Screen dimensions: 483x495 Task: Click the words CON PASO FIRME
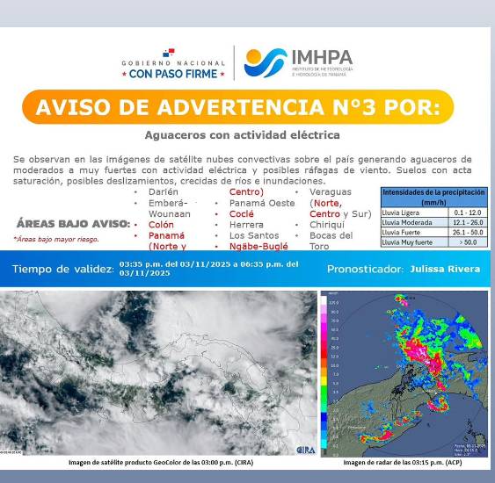click(172, 75)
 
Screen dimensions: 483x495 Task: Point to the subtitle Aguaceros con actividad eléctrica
click(242, 135)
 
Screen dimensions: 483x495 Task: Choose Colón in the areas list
click(161, 224)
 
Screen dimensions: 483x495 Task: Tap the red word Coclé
click(242, 213)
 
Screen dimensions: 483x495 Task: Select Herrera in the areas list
click(246, 224)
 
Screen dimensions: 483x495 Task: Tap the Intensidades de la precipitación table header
click(434, 196)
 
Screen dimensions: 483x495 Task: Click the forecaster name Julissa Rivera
click(444, 268)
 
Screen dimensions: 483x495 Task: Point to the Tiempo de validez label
click(63, 268)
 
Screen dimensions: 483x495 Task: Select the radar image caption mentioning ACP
click(403, 462)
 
